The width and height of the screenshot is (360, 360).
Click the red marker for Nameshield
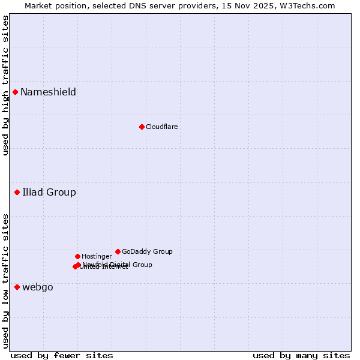coord(16,92)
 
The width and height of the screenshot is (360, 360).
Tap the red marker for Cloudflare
coord(142,127)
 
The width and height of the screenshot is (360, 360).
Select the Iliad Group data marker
coord(17,192)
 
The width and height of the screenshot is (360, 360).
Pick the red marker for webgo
coord(17,287)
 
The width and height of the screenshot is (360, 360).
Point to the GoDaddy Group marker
coord(118,251)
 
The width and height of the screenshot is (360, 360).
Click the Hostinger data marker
coord(78,256)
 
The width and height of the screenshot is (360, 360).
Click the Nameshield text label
coord(48,92)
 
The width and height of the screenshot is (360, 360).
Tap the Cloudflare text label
coord(161,127)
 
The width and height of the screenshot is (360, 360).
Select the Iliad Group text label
coord(49,192)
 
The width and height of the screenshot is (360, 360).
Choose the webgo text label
coord(38,287)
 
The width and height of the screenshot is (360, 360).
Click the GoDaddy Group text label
coord(147,251)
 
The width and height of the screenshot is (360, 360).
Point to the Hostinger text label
coord(97,256)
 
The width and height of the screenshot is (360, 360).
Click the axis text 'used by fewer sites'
coord(62,355)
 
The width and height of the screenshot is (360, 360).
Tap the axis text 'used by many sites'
coord(301,355)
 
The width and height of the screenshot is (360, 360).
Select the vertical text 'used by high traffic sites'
coord(5,85)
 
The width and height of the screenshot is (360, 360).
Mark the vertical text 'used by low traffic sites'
coord(5,281)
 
